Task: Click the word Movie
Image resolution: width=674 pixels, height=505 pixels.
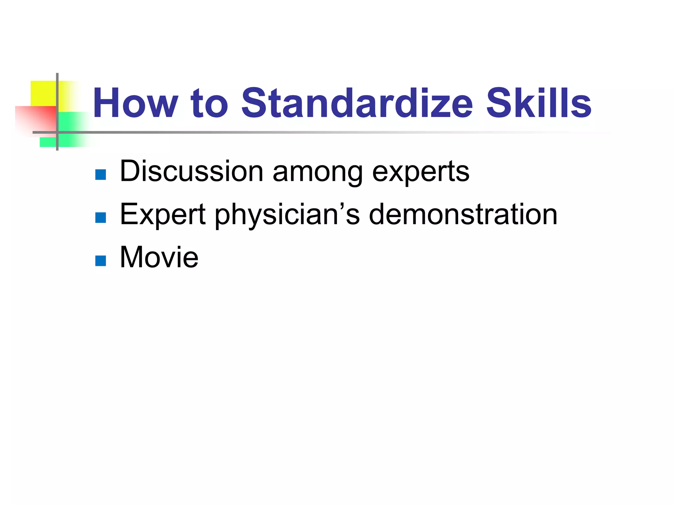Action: tap(159, 257)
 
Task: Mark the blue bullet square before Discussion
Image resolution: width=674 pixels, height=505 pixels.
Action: tap(100, 175)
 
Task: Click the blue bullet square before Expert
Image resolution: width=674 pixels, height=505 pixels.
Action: tap(100, 217)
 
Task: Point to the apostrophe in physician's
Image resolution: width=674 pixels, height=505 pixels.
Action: tap(342, 206)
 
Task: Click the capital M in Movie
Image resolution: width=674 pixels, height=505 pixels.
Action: tap(133, 257)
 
